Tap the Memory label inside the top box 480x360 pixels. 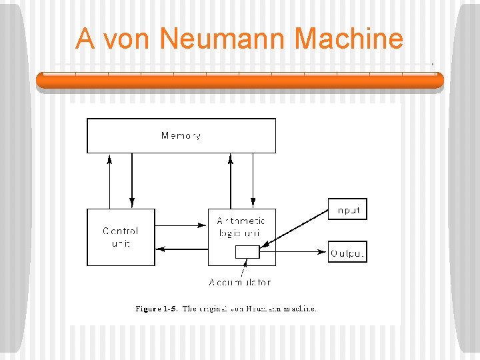tap(181, 136)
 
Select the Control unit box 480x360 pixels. tap(121, 237)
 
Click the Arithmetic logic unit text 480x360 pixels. tap(241, 227)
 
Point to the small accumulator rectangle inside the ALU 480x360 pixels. tap(247, 251)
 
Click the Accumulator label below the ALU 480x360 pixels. tap(240, 282)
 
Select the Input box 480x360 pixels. tap(347, 209)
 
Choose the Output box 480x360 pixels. tap(347, 252)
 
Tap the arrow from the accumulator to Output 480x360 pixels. tap(293, 252)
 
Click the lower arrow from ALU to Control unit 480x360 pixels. tap(181, 249)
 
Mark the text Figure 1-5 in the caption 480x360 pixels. tap(155, 309)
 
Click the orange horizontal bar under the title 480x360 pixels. tap(239, 81)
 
